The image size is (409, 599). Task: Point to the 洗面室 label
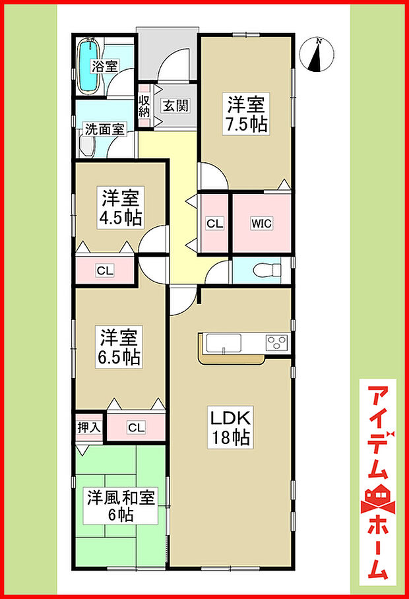(104, 129)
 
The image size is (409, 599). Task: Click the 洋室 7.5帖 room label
(247, 114)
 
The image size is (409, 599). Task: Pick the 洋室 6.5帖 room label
(119, 348)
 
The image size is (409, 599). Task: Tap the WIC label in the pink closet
(261, 223)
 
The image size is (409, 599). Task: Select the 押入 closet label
(88, 427)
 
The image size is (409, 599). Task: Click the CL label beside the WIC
(214, 224)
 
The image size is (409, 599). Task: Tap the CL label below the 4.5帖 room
(104, 269)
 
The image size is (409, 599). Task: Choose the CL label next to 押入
(136, 427)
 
